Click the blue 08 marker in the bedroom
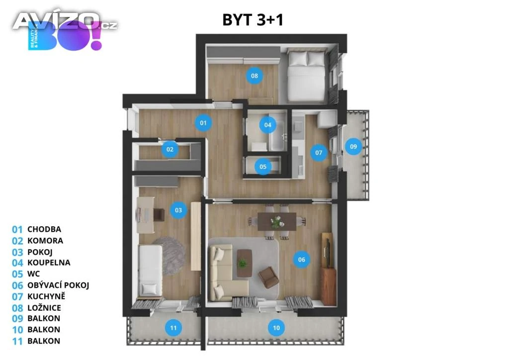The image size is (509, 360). [x=254, y=76]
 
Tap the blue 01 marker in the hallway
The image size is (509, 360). [x=203, y=123]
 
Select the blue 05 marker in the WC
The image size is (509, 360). [x=263, y=167]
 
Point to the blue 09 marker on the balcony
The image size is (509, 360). [x=353, y=146]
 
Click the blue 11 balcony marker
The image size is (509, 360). [x=173, y=328]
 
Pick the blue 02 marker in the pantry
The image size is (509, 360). [x=170, y=149]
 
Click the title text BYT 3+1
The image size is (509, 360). [x=253, y=20]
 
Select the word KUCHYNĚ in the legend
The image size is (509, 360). [x=46, y=296]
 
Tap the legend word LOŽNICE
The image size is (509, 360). [x=44, y=308]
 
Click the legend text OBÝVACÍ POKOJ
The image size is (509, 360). [x=58, y=285]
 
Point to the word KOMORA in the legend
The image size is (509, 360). [x=45, y=241]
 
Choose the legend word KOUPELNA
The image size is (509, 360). [x=49, y=262]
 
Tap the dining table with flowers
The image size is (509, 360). [x=276, y=221]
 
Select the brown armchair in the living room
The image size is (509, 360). [x=268, y=277]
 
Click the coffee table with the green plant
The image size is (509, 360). [x=244, y=263]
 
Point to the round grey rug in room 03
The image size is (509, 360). [x=168, y=256]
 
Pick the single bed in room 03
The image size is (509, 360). [x=151, y=270]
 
